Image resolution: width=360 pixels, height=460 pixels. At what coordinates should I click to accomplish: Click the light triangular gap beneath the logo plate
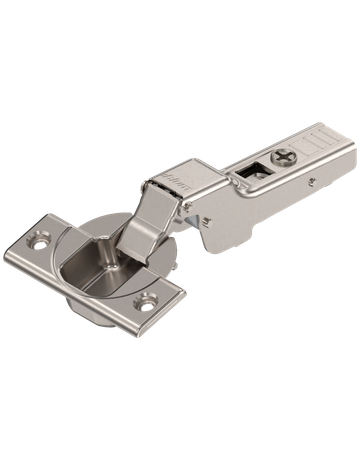click(x=189, y=205)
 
